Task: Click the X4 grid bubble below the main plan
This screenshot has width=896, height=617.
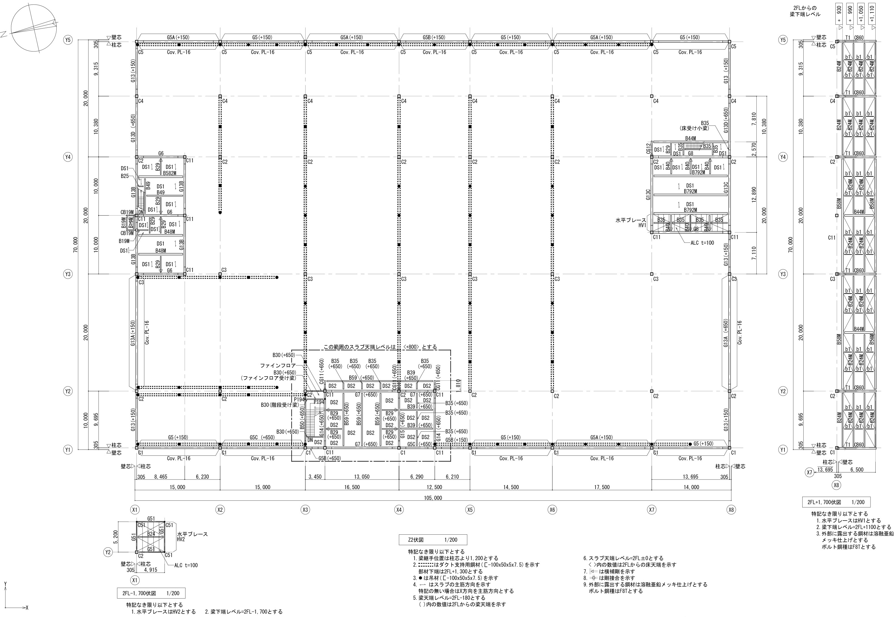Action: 399,509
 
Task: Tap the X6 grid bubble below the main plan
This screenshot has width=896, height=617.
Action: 552,509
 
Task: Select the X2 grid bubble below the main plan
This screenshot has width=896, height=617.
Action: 220,509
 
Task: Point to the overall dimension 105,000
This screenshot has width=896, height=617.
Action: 432,498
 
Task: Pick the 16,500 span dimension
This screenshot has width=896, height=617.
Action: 352,487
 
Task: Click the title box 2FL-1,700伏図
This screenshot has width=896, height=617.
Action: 151,593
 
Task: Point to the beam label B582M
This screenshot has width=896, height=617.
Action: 169,173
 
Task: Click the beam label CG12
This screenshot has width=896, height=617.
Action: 648,149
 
